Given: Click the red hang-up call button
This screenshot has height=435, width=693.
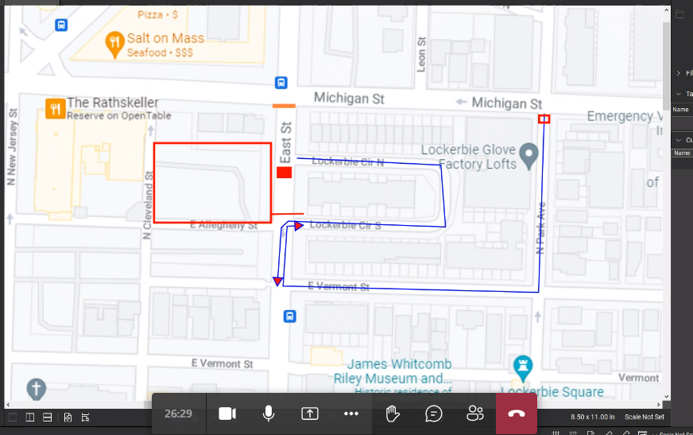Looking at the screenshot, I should click(517, 414).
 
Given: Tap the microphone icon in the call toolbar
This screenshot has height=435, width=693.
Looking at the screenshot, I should click(269, 414).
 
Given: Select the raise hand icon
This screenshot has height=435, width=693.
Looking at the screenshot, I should click(392, 414).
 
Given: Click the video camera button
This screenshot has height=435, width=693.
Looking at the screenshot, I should click(227, 414).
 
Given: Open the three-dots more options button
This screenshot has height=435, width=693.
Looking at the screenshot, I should click(351, 414).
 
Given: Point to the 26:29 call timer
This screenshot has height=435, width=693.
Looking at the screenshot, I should click(179, 414).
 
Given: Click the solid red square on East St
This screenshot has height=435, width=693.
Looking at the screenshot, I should click(285, 173).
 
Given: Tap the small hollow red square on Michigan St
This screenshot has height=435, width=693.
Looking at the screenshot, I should click(544, 119).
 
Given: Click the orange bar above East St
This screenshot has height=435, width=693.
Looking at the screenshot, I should click(284, 105).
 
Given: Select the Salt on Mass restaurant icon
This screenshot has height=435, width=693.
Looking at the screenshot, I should click(115, 44).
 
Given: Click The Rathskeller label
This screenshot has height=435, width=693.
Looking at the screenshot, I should click(112, 103).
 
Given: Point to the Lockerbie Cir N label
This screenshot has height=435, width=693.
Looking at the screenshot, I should click(347, 161).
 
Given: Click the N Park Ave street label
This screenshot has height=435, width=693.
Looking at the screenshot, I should click(540, 227).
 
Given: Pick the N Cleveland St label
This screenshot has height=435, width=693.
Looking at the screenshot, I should click(147, 205).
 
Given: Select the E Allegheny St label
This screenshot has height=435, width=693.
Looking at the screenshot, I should click(224, 226).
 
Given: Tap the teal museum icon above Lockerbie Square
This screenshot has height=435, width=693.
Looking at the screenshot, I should click(523, 367).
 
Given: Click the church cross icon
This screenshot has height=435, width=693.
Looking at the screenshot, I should click(36, 389).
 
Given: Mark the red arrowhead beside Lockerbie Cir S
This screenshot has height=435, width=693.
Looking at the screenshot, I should click(298, 227).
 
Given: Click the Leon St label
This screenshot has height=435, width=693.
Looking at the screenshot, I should click(422, 54).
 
